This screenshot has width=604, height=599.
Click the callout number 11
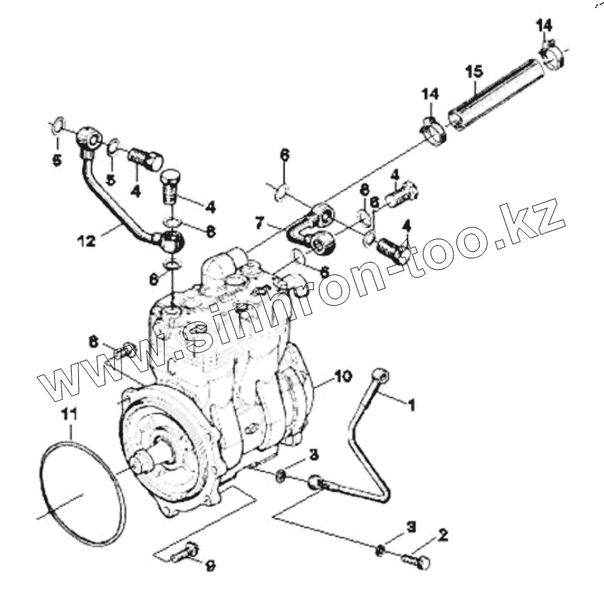point(68,414)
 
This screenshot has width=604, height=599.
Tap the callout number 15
point(474,71)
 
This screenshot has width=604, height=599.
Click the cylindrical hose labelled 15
point(497,96)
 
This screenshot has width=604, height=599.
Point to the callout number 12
point(86,240)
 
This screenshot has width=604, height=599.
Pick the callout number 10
point(343,376)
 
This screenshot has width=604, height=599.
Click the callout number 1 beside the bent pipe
point(411,403)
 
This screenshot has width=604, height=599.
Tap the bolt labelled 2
point(415,560)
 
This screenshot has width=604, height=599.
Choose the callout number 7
point(259,220)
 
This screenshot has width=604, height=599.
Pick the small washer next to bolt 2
point(380,551)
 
